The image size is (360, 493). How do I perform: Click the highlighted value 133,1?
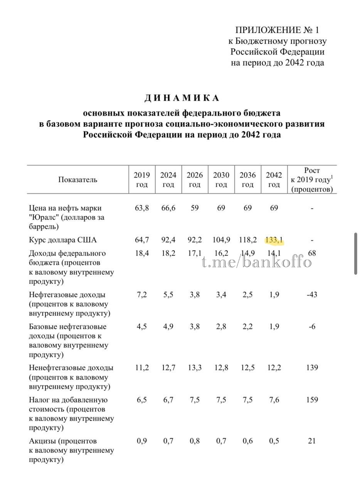click(274, 240)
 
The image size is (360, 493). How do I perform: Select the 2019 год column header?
click(142, 179)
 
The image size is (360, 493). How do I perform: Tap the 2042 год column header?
click(274, 179)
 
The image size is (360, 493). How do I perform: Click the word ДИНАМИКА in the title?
click(182, 98)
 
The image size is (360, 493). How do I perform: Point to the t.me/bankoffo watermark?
click(257, 262)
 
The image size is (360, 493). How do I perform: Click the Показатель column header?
click(78, 179)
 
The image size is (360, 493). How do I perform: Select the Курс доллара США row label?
click(63, 240)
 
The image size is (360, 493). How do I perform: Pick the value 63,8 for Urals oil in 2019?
click(142, 208)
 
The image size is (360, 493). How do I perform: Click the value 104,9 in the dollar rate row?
click(221, 240)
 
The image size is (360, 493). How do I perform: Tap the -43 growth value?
click(312, 295)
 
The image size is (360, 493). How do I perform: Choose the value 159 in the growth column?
click(312, 400)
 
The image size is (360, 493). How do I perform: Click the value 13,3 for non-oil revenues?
click(195, 368)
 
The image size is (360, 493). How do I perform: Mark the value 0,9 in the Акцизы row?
click(142, 441)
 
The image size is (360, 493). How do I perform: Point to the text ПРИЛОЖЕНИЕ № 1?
click(278, 30)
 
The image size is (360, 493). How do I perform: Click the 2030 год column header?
click(221, 179)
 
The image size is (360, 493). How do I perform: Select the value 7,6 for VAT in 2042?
click(274, 400)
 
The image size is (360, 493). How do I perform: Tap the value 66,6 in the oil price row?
click(168, 208)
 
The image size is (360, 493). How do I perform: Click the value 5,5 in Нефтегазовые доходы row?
click(168, 295)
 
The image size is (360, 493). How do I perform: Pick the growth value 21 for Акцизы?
click(312, 441)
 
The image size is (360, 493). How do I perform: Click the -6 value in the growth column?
click(312, 327)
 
